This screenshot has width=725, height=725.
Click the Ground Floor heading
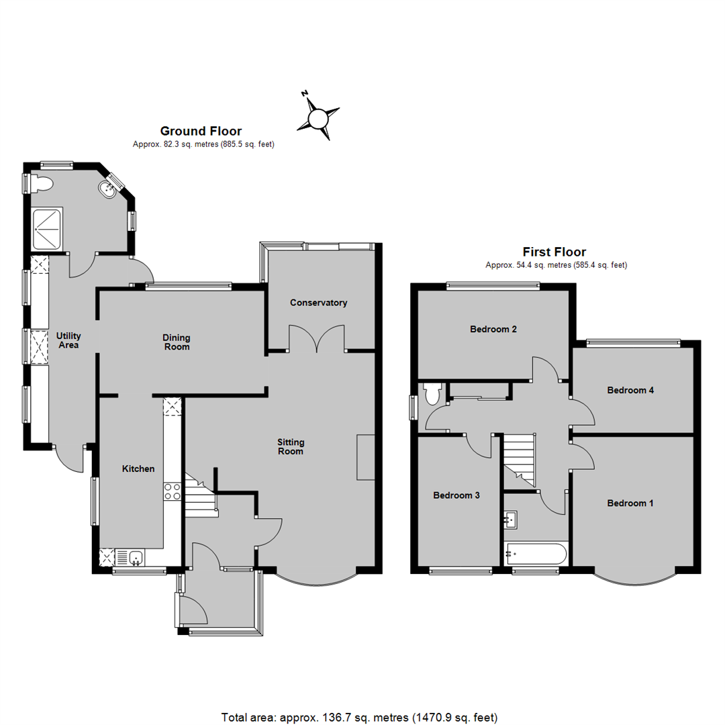(201, 131)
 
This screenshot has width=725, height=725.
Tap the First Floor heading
(554, 252)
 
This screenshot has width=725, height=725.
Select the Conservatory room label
(319, 302)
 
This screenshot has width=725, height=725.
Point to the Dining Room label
(177, 342)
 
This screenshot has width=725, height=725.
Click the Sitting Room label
(291, 446)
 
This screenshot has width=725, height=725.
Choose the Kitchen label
(138, 469)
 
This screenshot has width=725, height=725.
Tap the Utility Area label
(68, 340)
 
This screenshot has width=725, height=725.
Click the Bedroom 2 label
(493, 329)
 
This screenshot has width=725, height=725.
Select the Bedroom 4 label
(630, 390)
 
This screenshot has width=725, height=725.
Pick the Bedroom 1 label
(630, 503)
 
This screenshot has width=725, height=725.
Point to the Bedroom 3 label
(456, 495)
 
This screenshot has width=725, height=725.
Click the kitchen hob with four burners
(173, 491)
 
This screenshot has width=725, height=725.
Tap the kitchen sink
(136, 557)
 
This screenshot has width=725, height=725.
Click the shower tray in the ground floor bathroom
(47, 230)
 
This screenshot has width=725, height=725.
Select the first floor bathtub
(536, 553)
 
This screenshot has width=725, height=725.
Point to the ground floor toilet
(42, 184)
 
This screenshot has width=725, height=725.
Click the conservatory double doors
(317, 338)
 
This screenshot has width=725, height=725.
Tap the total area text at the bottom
(359, 718)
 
